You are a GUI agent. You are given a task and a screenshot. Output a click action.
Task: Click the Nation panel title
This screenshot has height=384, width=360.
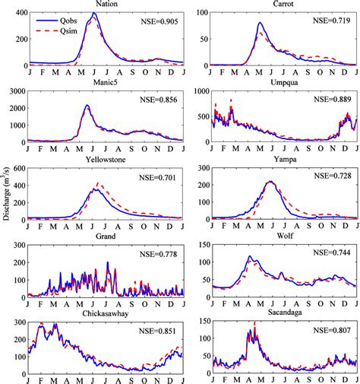(x=105, y=5)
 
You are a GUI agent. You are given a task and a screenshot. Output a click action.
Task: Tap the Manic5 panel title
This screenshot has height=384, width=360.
(x=105, y=81)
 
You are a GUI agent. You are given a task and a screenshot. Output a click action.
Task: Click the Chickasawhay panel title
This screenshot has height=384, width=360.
(x=105, y=309)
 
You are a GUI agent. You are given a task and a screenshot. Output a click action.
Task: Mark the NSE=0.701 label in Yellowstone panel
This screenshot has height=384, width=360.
(x=157, y=175)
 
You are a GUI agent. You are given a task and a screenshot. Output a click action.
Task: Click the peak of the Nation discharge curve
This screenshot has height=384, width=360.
(x=93, y=14)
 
